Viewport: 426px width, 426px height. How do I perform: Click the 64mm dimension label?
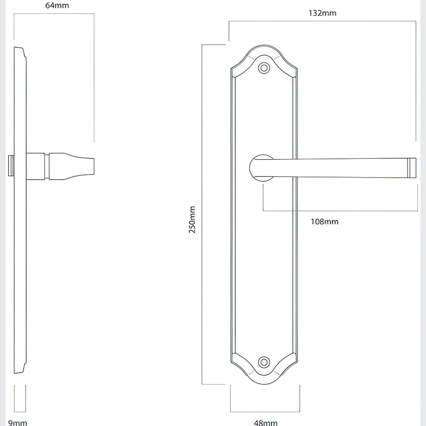(x=57, y=5)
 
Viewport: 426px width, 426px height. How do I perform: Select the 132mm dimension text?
(x=322, y=13)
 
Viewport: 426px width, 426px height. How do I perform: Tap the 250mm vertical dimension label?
(x=192, y=220)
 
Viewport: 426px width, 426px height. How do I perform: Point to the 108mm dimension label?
(x=325, y=222)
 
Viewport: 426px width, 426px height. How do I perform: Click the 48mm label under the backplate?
(x=265, y=422)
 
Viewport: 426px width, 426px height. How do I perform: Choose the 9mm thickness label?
(x=17, y=422)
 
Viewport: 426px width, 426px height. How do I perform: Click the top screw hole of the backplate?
(x=264, y=68)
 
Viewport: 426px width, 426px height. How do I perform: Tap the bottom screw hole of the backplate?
(x=264, y=362)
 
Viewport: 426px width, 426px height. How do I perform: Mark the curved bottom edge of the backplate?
(x=264, y=384)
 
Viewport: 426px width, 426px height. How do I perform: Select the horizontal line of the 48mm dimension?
(x=265, y=412)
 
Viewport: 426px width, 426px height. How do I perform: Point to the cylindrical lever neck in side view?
(x=36, y=166)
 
